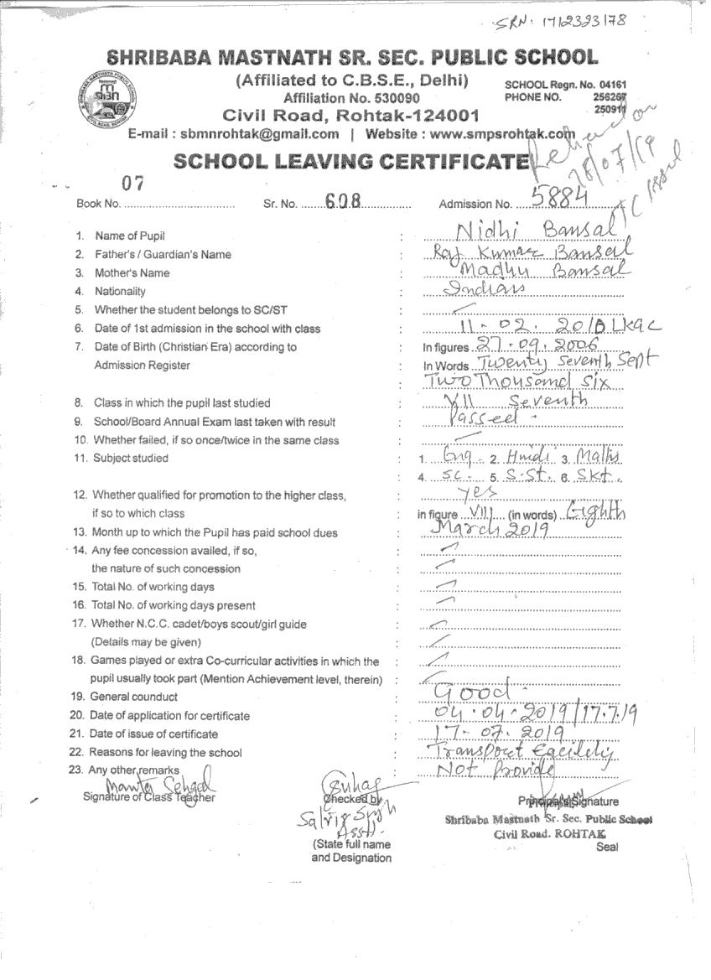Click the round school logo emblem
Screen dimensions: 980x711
pyautogui.click(x=106, y=98)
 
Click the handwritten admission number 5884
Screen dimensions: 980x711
pyautogui.click(x=557, y=196)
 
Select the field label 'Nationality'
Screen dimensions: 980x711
pyautogui.click(x=120, y=292)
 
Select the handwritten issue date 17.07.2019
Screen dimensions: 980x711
pyautogui.click(x=486, y=733)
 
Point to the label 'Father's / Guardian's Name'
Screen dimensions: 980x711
pyautogui.click(x=163, y=255)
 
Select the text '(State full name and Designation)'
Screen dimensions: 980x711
pyautogui.click(x=350, y=851)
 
